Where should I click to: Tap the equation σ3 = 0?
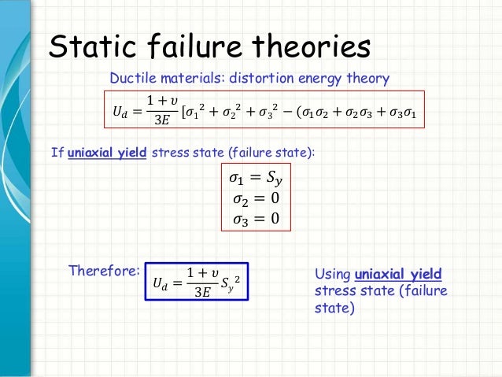254,217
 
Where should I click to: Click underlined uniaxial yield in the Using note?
399,275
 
